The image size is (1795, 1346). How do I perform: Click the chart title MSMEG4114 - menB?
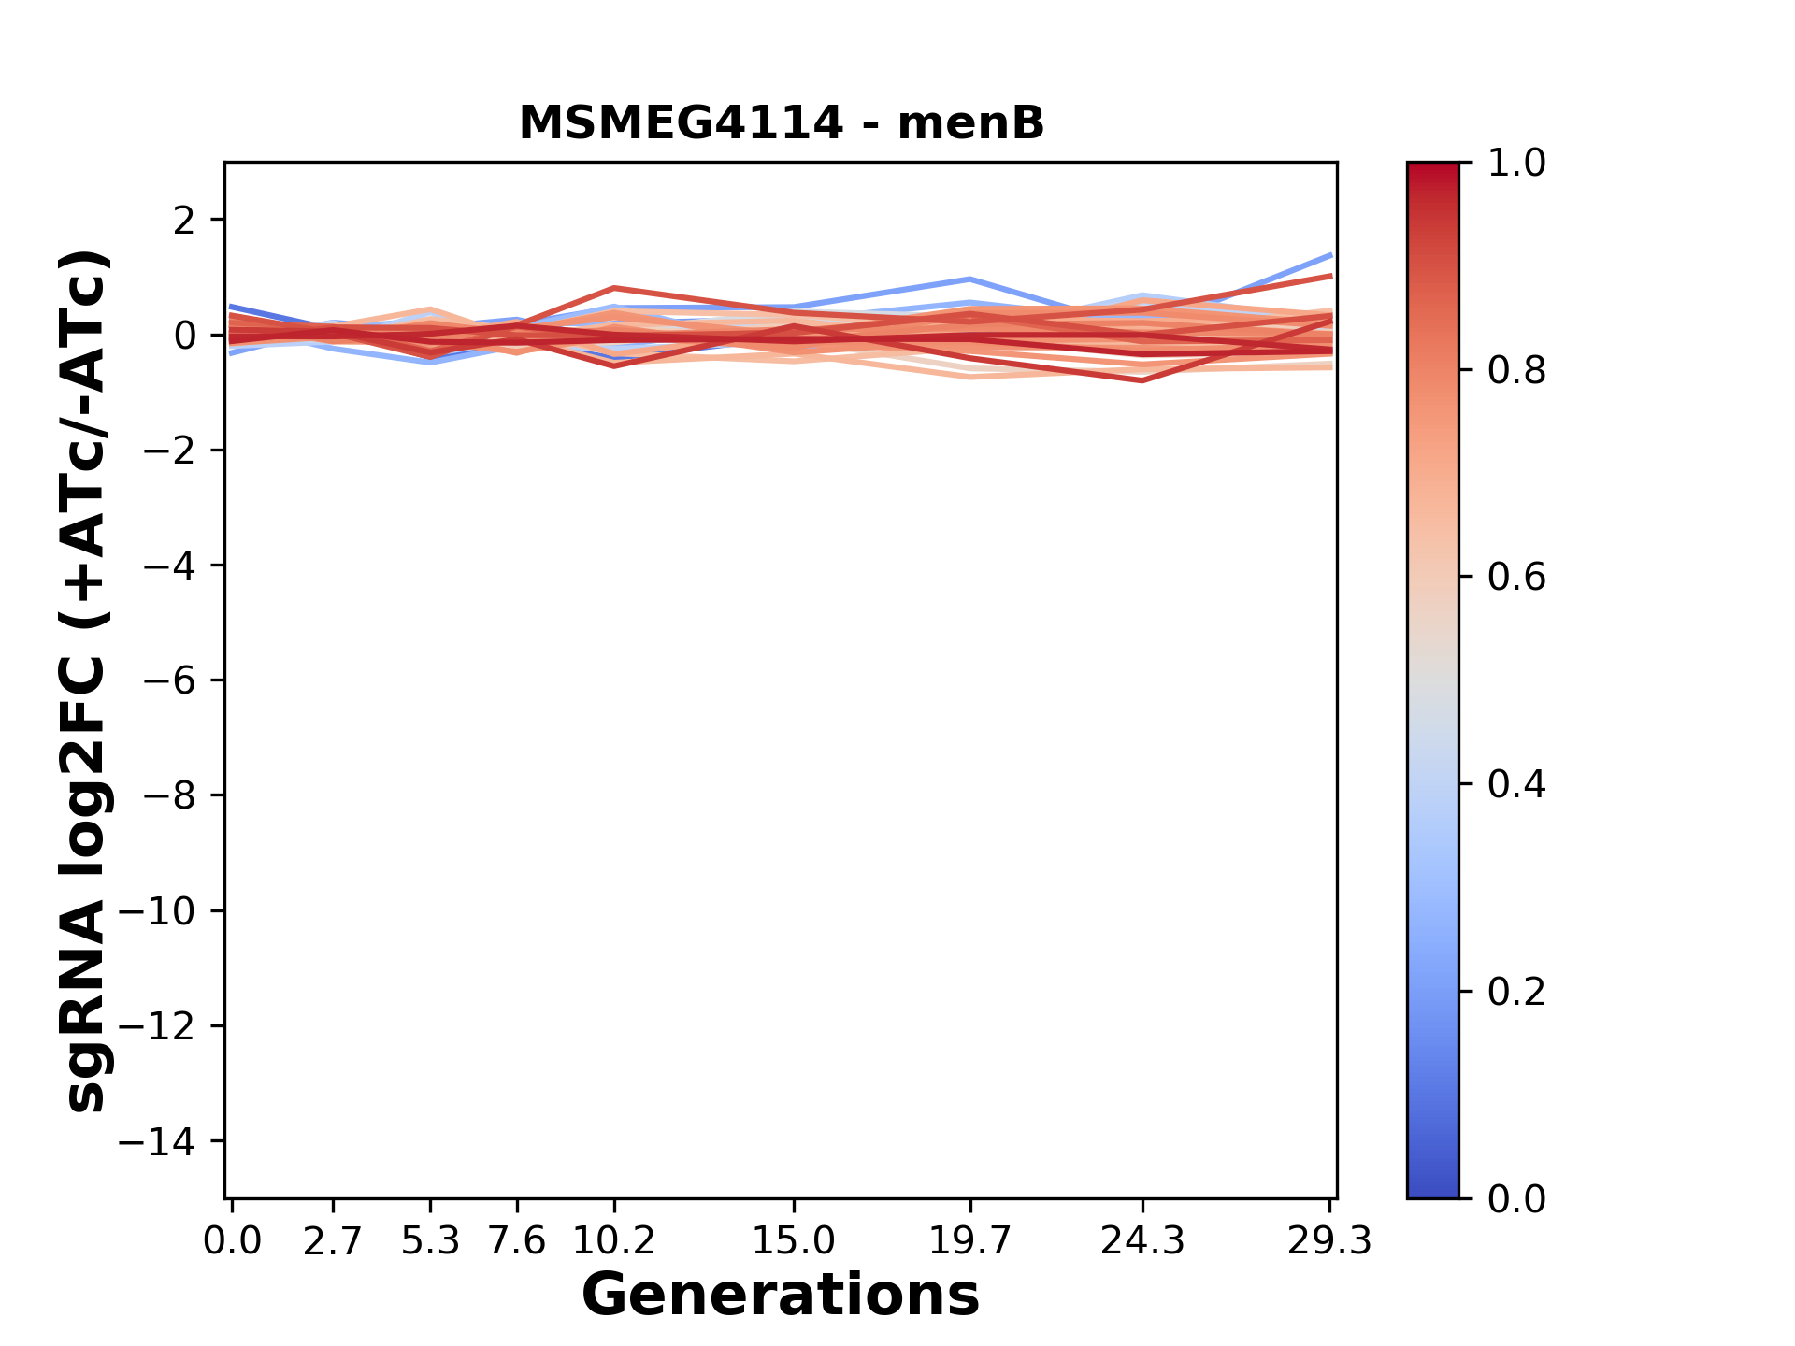point(781,123)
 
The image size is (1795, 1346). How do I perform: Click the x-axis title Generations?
point(781,1295)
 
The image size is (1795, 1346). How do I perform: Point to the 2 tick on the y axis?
point(183,221)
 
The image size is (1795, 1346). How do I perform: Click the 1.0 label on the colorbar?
point(1516,164)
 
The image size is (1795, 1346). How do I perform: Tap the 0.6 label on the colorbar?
point(1516,578)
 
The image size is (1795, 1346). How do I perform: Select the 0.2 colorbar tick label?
point(1516,992)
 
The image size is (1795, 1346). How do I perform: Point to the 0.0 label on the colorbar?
point(1516,1198)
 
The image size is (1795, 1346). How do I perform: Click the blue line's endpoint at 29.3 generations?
point(1330,254)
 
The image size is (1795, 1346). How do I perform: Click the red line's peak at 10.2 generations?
point(614,288)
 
